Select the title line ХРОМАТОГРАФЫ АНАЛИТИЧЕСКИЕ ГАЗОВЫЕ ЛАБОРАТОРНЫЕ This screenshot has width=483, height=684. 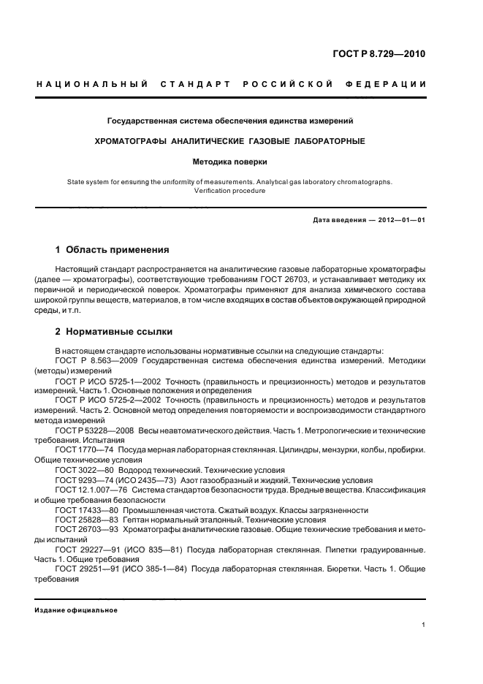(x=231, y=140)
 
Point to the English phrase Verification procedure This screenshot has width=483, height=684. (x=230, y=191)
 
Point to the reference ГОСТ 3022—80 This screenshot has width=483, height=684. (x=80, y=470)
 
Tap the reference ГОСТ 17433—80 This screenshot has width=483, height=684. (x=83, y=509)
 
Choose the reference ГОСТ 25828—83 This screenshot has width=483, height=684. (x=83, y=519)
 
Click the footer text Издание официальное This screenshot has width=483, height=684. (x=76, y=609)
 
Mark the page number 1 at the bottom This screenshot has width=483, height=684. (x=424, y=625)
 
